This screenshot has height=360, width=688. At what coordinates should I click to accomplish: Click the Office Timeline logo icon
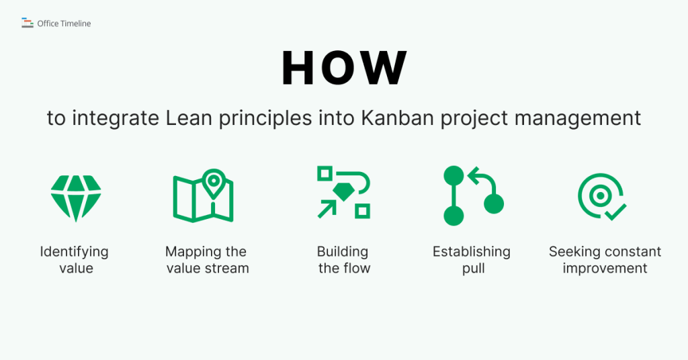pos(27,24)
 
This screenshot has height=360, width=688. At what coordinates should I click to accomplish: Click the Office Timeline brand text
pos(64,24)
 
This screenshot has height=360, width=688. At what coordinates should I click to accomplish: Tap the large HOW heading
pos(344,68)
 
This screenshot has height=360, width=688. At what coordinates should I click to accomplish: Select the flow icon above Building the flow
pos(343,192)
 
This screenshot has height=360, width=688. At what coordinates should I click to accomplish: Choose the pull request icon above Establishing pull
pos(472,195)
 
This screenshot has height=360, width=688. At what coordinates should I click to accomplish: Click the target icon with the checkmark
pos(601,196)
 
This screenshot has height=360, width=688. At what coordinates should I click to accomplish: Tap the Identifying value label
pos(74,260)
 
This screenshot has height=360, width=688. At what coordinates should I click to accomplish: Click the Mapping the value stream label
pos(206,260)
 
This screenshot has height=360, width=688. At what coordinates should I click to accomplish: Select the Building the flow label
pos(343,260)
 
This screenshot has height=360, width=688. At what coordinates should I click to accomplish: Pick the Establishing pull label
pos(472,260)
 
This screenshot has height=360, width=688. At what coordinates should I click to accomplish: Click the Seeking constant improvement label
pos(605,260)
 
